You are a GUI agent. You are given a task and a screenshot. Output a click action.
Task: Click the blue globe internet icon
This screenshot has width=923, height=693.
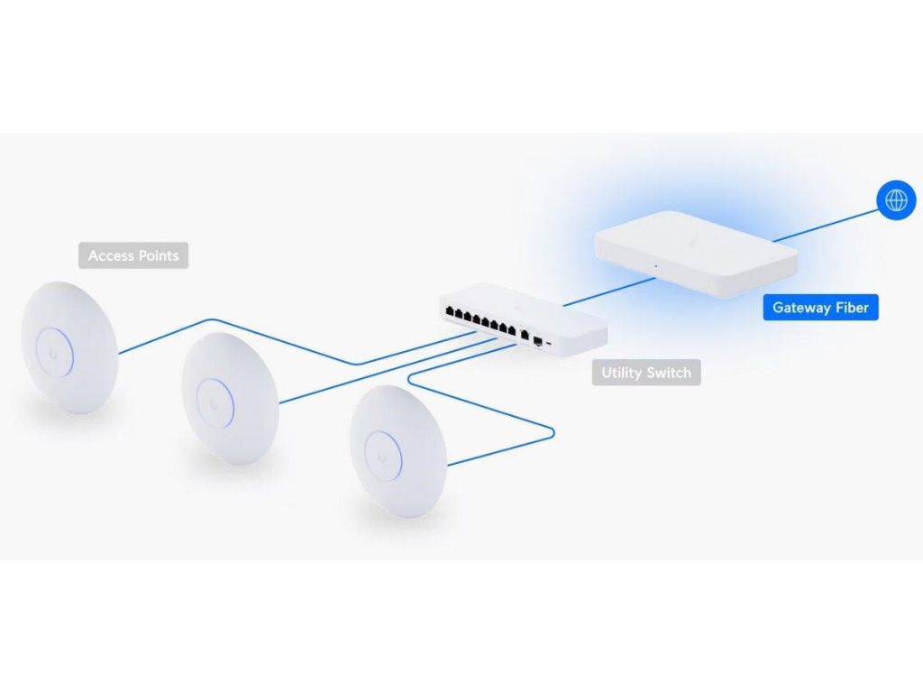tap(896, 199)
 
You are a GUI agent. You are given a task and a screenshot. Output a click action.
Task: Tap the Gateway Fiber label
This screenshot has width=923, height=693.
tap(820, 308)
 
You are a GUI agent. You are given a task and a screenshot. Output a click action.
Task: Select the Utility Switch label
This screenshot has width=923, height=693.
tap(645, 373)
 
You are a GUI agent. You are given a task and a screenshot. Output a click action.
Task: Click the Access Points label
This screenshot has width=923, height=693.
tap(133, 256)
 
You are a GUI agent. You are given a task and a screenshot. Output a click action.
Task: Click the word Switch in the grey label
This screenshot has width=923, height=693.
tap(670, 373)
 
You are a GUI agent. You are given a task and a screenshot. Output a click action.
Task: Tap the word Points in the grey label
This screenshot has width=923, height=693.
tap(158, 256)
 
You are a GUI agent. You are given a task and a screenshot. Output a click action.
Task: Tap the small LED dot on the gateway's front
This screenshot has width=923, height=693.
tap(655, 266)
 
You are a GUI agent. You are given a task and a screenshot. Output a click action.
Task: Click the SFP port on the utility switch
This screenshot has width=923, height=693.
tap(538, 341)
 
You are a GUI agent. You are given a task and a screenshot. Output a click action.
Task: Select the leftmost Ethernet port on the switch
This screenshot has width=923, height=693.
tap(448, 311)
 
